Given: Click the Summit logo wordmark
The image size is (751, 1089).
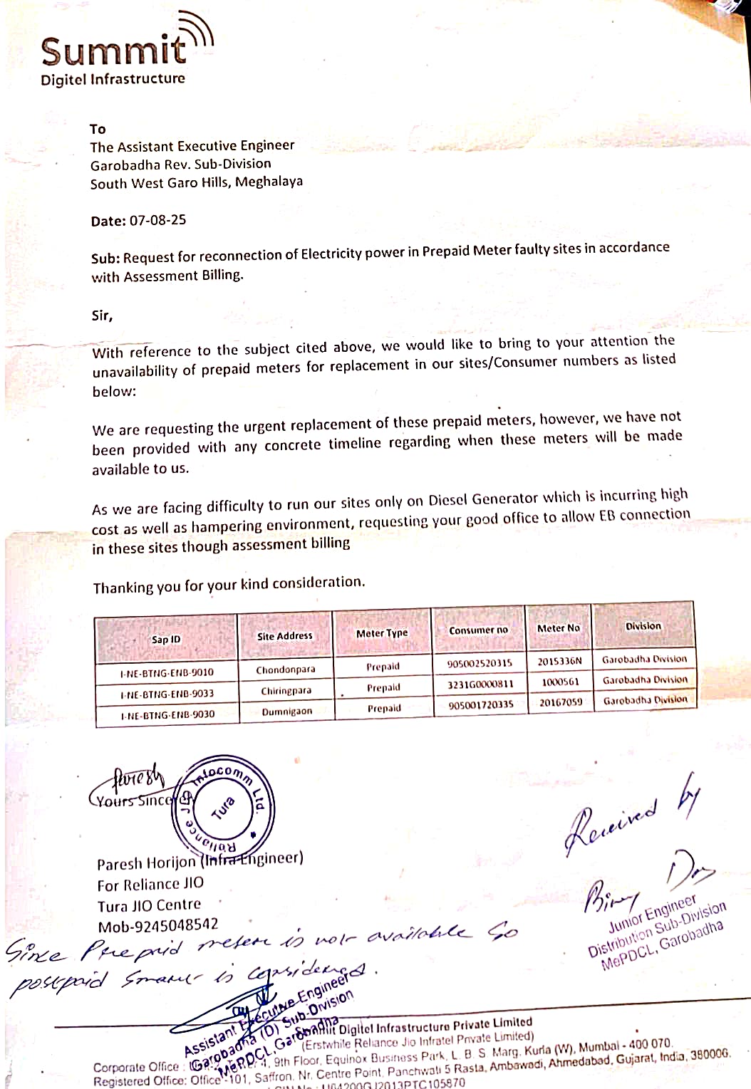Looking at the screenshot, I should point(114,51).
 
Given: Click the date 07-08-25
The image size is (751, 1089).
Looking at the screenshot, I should point(157,220).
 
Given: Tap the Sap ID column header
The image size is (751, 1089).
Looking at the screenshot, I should point(166,639).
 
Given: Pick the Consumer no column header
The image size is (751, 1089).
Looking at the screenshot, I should point(478,630).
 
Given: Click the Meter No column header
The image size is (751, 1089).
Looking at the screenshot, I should point(559,628).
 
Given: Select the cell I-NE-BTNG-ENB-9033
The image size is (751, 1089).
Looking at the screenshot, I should point(167,693).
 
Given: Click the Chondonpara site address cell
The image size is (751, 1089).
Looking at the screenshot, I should point(286,669).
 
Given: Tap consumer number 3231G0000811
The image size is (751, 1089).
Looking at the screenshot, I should point(480,684).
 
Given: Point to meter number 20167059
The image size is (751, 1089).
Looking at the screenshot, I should point(560,702).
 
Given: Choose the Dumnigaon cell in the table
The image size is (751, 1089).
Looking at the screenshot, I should point(286,711).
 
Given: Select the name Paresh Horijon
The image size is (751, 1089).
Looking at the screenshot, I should point(146,863).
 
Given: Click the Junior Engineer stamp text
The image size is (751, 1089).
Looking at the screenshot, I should point(652,915).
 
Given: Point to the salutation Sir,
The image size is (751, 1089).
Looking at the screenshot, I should point(102,315).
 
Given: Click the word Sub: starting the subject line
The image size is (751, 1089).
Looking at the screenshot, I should point(105,258).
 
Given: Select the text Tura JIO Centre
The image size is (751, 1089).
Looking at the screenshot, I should point(149,905).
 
